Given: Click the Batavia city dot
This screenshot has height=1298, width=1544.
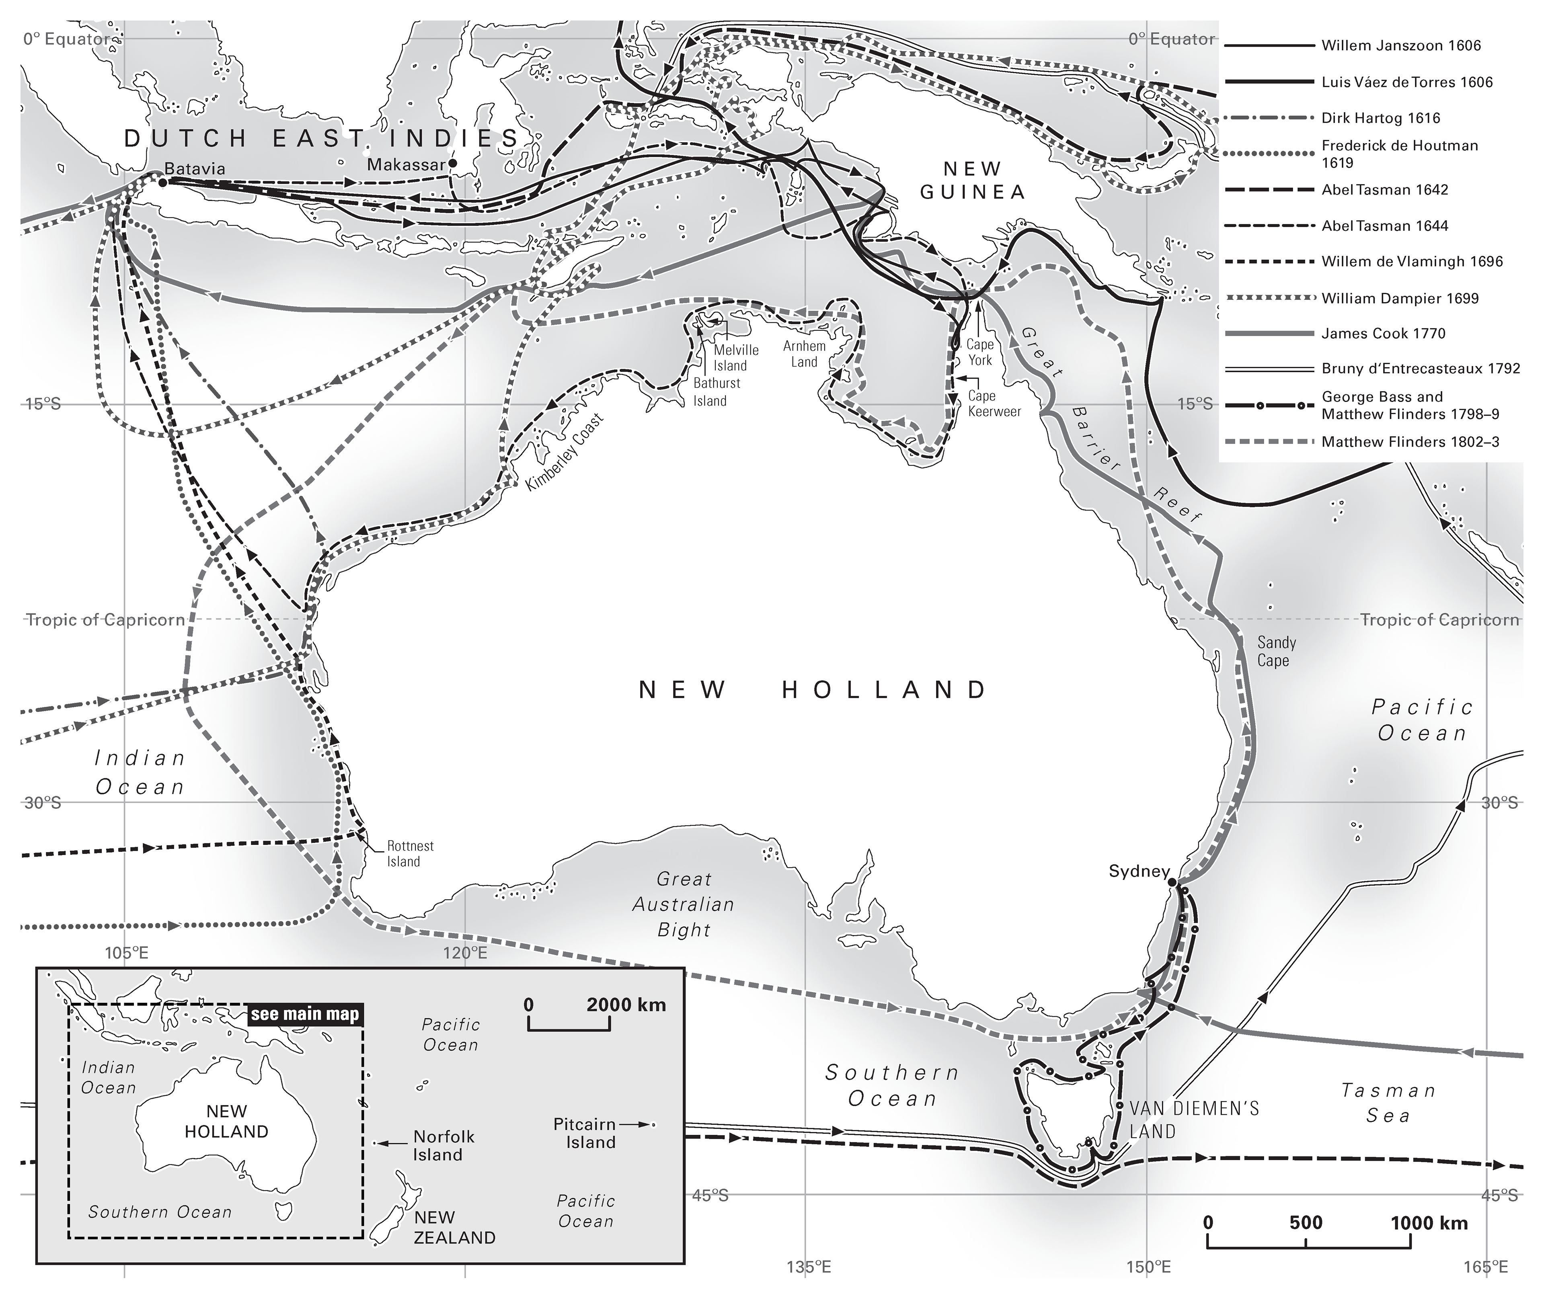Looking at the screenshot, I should [x=162, y=182].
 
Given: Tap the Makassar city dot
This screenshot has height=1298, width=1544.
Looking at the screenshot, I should [x=453, y=163].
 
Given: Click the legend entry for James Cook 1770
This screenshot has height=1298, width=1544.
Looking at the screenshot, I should [x=1383, y=333].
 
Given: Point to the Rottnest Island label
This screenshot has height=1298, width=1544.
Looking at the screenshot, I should [x=410, y=853].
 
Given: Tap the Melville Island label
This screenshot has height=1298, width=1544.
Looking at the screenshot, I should [x=735, y=358].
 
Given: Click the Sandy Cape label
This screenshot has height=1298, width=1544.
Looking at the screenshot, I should [x=1276, y=651].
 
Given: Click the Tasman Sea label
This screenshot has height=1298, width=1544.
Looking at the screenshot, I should [x=1388, y=1102].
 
